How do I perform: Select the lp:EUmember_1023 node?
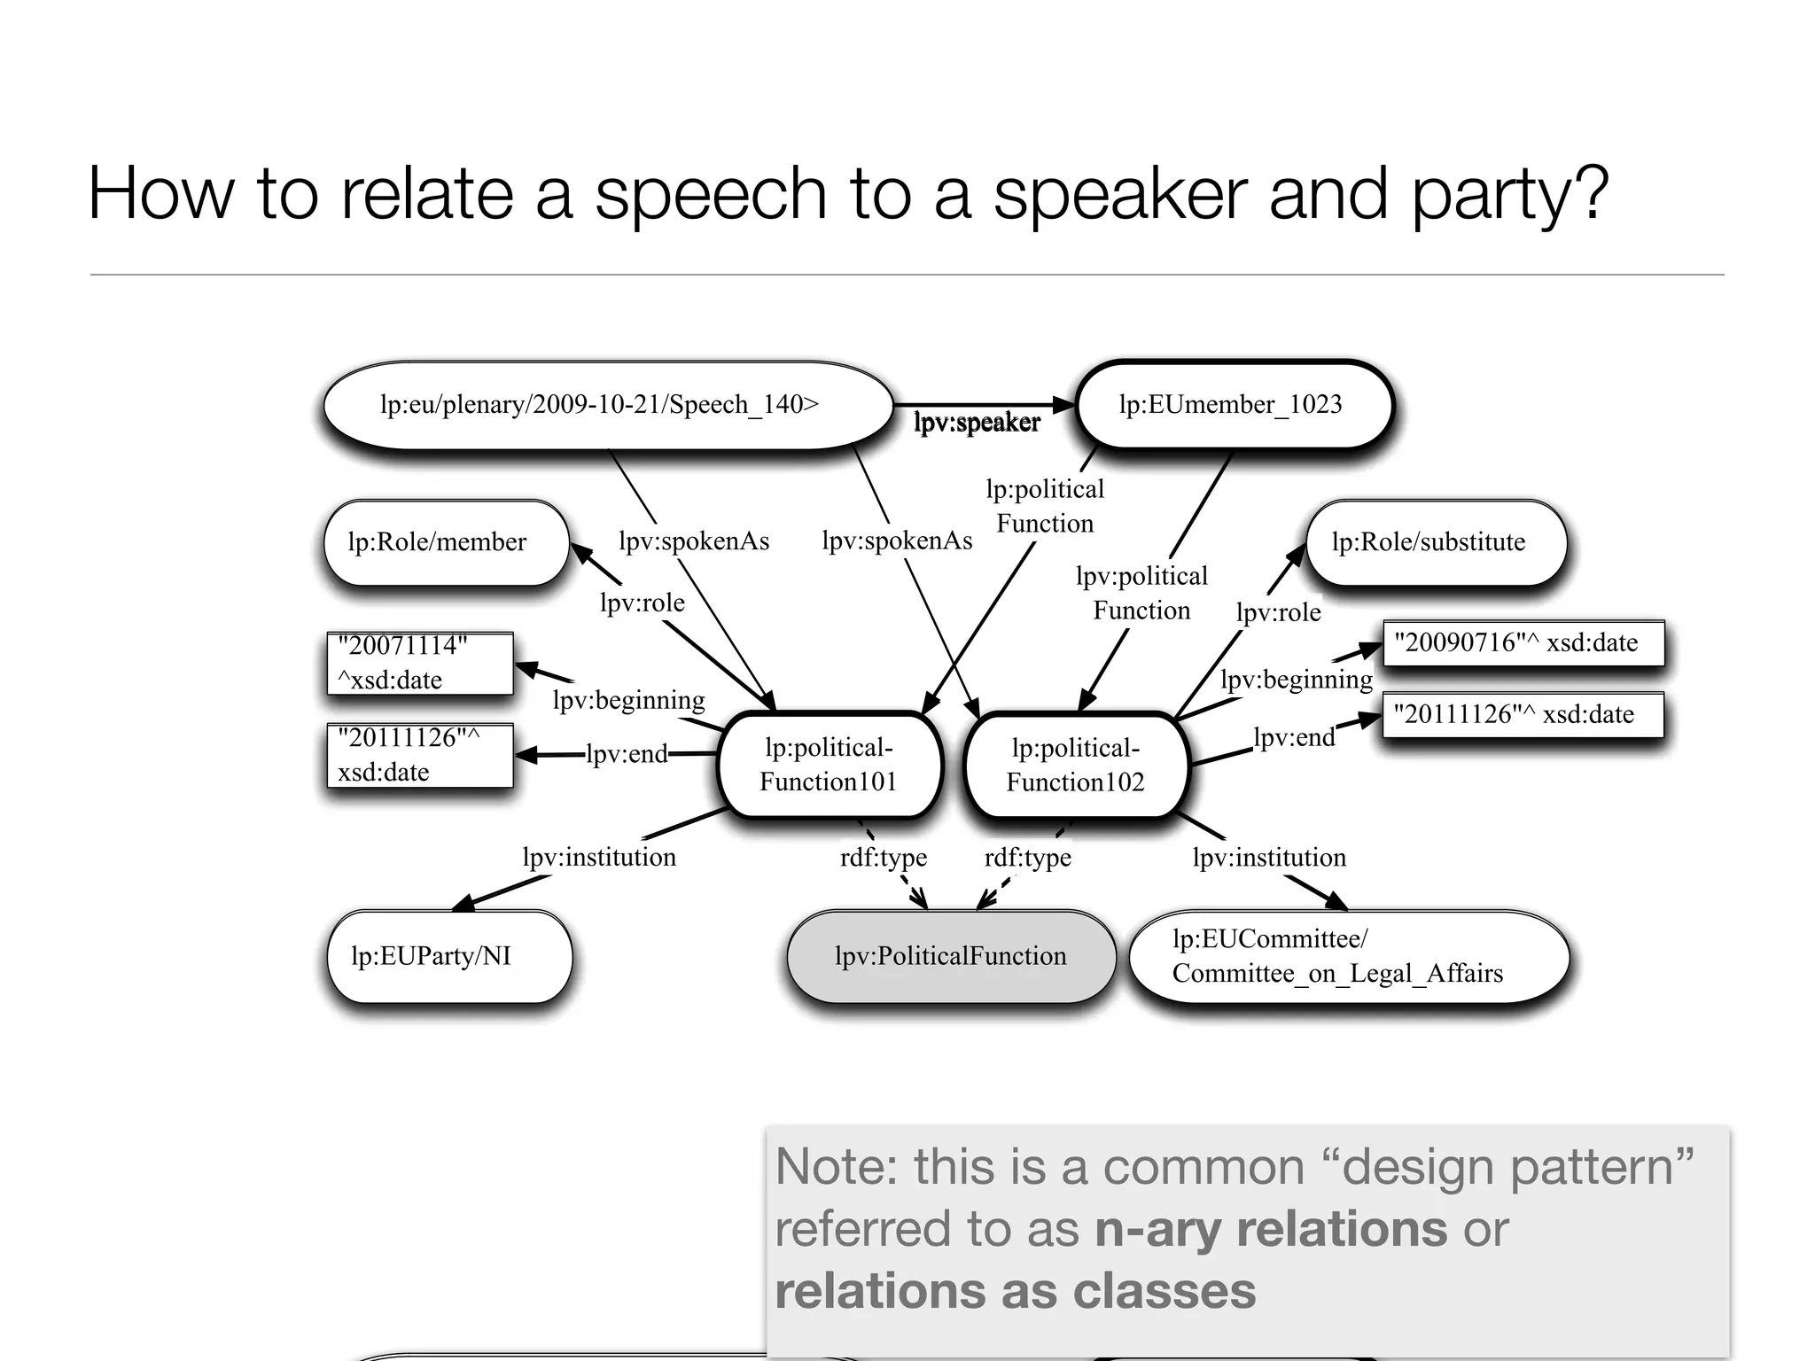(x=1232, y=405)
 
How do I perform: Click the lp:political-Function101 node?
(x=829, y=765)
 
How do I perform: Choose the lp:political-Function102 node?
(x=1075, y=765)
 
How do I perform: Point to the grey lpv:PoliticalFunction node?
(x=950, y=956)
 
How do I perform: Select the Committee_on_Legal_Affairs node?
(x=1347, y=956)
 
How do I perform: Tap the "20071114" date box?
(x=419, y=663)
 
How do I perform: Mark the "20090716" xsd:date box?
(x=1523, y=642)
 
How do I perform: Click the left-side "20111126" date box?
(x=419, y=755)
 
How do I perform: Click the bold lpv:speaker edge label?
(x=977, y=423)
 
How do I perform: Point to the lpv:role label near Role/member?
(x=642, y=603)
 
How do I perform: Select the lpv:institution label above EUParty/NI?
(x=599, y=858)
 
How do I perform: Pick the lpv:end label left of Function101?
(x=627, y=754)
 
